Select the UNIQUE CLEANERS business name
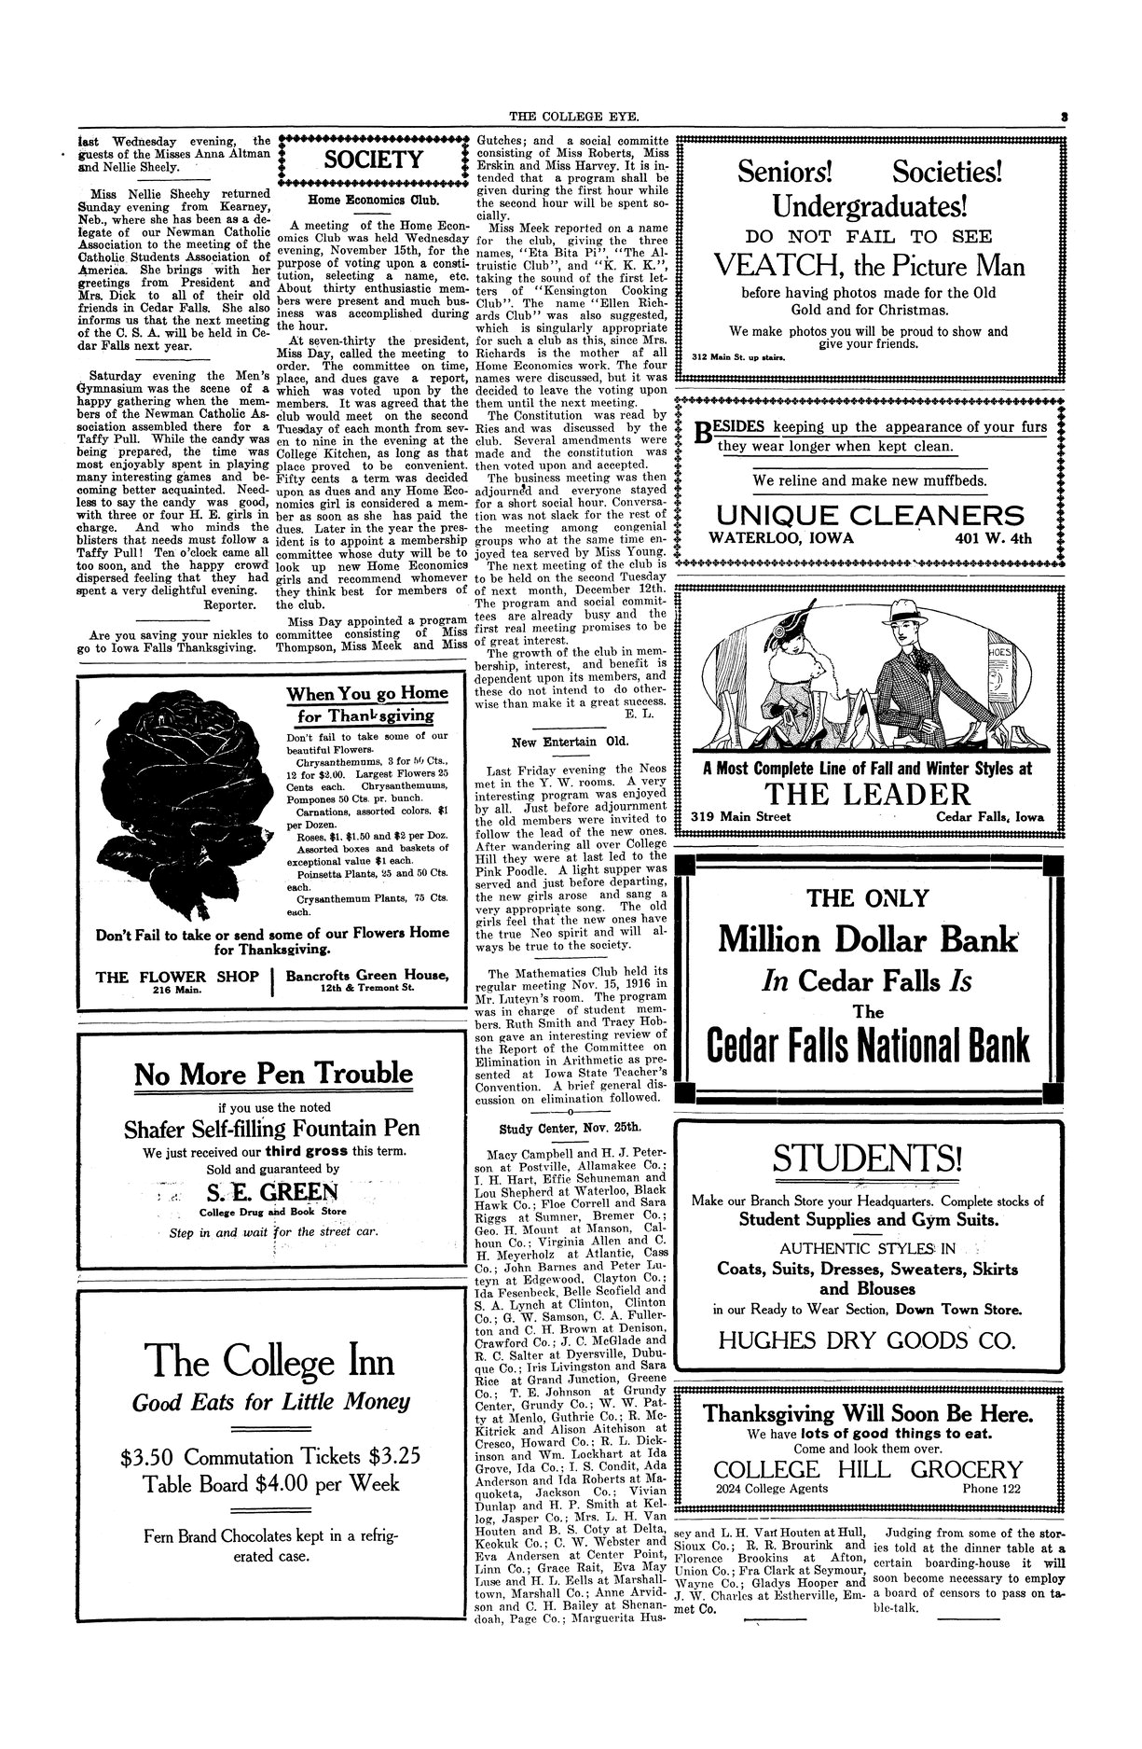point(869,515)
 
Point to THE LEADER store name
point(868,794)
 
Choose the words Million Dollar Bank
point(868,939)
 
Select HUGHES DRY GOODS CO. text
point(866,1340)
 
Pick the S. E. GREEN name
point(272,1193)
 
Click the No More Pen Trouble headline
point(273,1074)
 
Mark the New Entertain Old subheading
point(570,743)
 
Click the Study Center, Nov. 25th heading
point(571,1127)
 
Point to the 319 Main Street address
point(740,817)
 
